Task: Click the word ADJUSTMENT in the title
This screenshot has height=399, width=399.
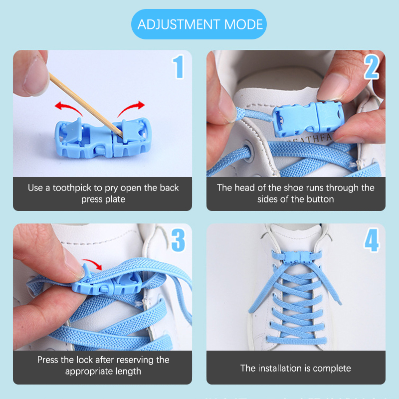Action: tap(179, 24)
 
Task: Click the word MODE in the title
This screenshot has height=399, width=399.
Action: tap(243, 24)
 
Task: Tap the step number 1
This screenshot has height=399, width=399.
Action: tap(179, 67)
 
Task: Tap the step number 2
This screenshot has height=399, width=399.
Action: tap(372, 67)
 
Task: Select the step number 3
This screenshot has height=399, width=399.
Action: tap(178, 240)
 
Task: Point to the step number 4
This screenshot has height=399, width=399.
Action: tap(372, 240)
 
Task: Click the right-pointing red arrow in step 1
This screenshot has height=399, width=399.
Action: tap(132, 107)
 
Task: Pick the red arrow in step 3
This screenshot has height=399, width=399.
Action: tap(93, 264)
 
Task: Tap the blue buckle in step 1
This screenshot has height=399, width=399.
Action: tap(103, 138)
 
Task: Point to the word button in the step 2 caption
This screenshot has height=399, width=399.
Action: tap(320, 199)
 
